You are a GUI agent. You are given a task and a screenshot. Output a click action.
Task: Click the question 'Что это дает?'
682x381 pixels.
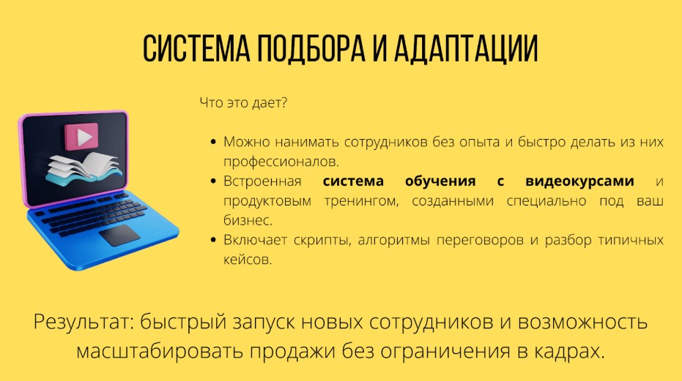[243, 103]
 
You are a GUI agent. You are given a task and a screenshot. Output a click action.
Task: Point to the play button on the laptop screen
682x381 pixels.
[81, 136]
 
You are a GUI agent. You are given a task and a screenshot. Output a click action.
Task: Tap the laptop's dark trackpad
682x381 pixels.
[119, 235]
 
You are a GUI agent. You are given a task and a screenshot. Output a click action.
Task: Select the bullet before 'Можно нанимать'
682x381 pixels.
[212, 142]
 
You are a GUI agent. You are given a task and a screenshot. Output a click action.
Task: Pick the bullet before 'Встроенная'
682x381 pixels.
[212, 181]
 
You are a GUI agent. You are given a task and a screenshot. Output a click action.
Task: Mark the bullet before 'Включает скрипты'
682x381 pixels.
[212, 241]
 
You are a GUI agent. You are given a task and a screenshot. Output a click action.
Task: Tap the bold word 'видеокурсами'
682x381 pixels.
[590, 181]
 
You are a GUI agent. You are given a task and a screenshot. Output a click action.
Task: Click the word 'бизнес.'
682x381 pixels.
[247, 220]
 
